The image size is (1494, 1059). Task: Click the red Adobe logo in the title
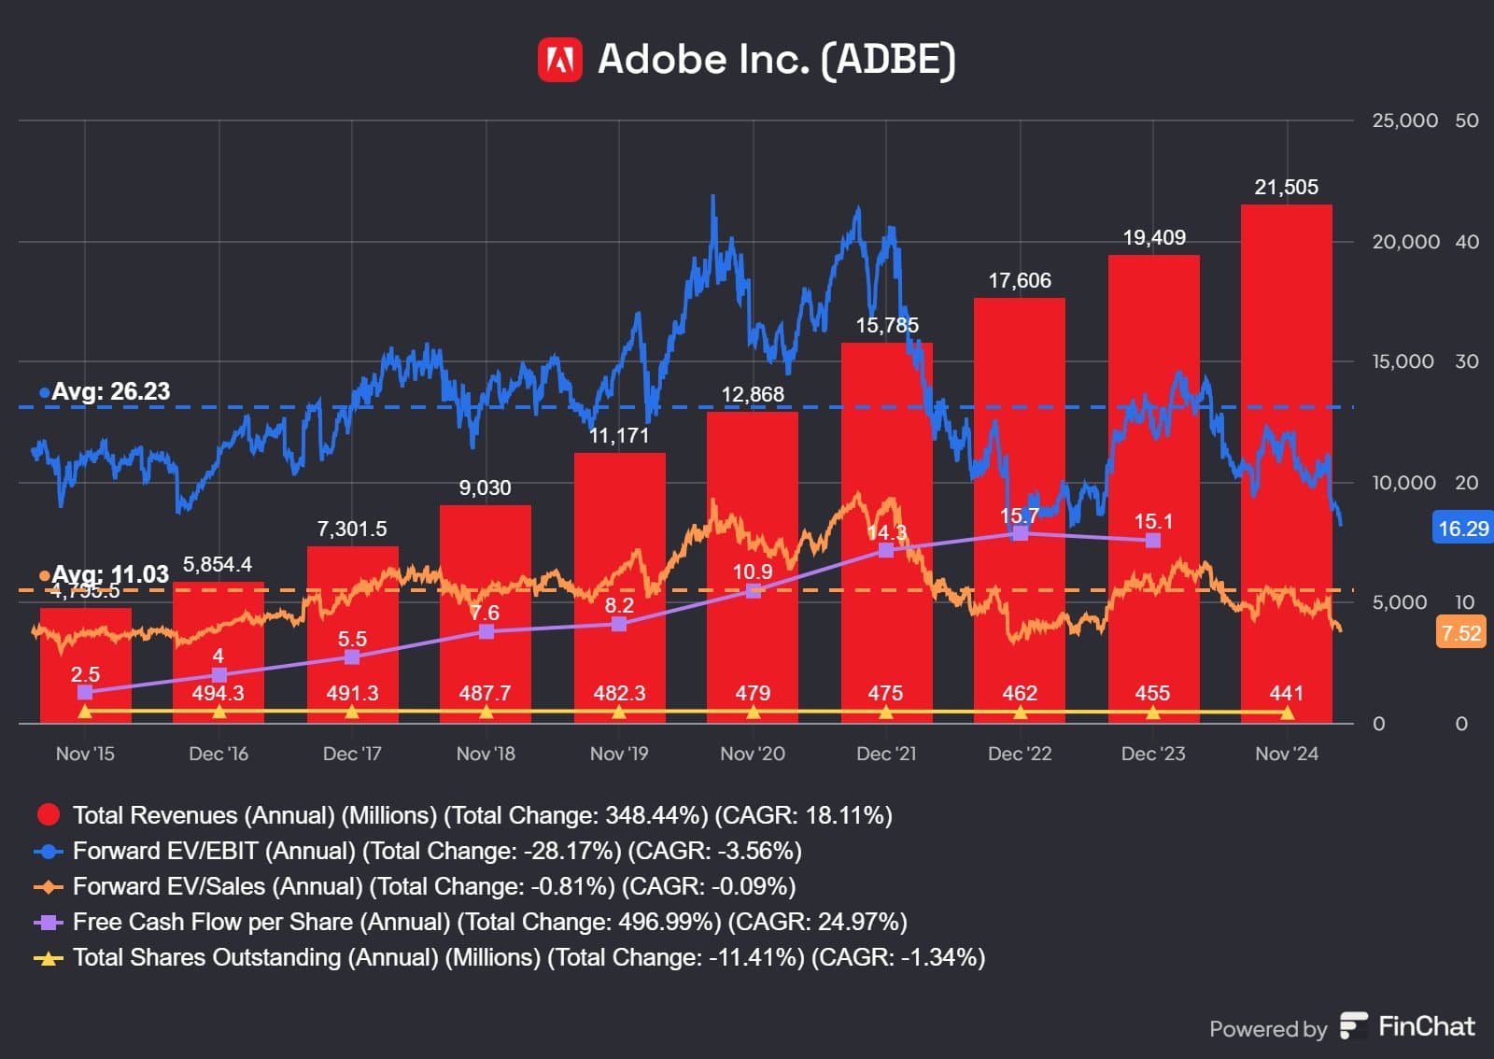point(560,60)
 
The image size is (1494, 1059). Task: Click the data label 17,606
point(1020,280)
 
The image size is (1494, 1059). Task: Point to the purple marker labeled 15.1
point(1153,540)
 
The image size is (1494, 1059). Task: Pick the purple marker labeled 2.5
point(85,692)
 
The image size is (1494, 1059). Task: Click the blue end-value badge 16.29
point(1462,529)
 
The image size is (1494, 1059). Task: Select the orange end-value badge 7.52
point(1460,633)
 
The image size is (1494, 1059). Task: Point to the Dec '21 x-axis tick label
point(886,754)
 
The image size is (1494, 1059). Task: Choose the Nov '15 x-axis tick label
point(85,754)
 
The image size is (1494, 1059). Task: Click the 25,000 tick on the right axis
point(1404,120)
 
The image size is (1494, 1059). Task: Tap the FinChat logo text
point(1426,1026)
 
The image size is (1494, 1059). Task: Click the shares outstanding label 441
point(1286,693)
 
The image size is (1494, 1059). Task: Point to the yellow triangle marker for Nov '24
point(1287,713)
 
